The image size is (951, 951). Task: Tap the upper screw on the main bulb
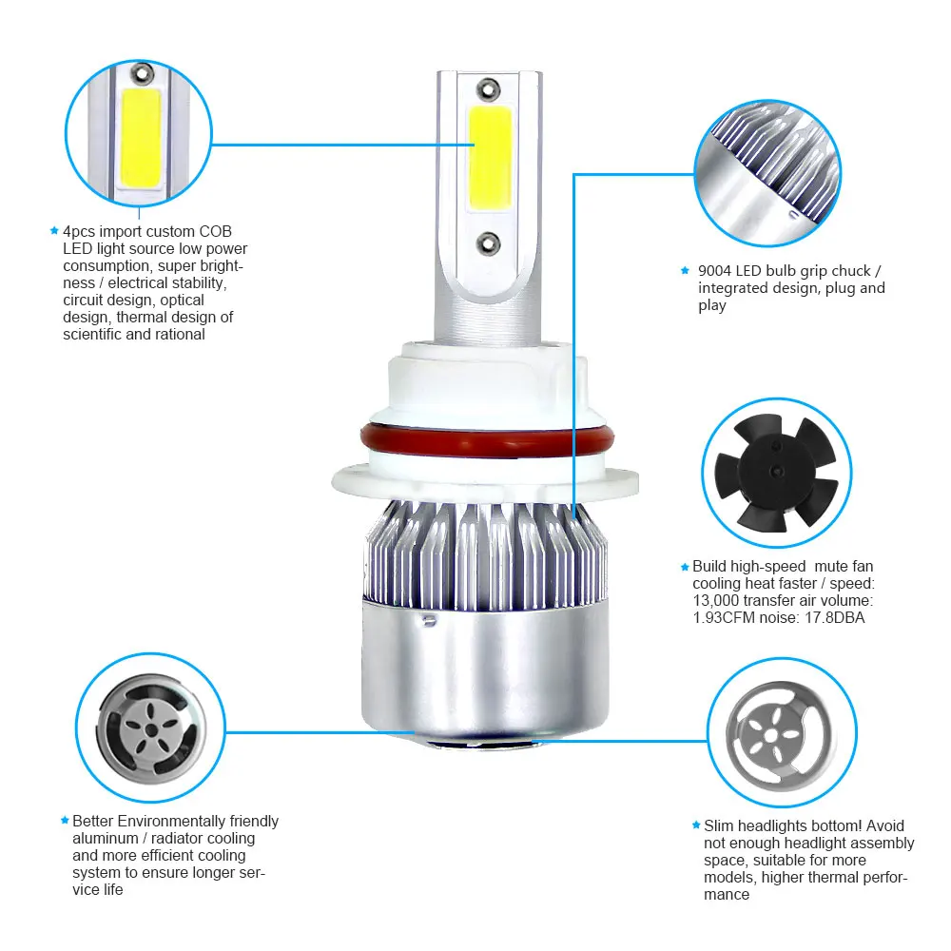pos(488,89)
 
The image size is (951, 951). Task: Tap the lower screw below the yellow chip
pos(488,243)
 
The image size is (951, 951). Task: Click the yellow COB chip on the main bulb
pos(490,158)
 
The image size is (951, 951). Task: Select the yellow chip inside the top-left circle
pos(141,138)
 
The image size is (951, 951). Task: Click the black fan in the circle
pos(776,472)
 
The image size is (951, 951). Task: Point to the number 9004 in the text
pos(714,270)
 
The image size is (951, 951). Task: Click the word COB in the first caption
pos(215,232)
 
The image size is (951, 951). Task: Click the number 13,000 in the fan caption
pos(716,600)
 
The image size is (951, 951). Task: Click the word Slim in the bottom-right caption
pos(718,826)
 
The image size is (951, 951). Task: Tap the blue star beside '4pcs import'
pos(54,230)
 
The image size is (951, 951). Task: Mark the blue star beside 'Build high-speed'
pos(685,567)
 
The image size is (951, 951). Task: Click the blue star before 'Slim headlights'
pos(696,825)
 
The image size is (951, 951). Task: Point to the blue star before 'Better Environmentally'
pos(65,821)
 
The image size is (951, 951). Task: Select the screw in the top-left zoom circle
pos(142,73)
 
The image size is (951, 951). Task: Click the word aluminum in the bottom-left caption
pos(106,839)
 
